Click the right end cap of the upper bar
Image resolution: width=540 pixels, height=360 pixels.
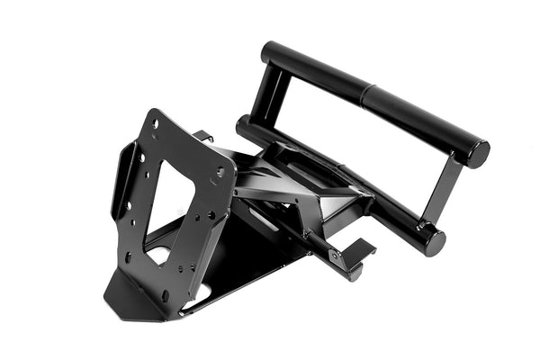[477, 154]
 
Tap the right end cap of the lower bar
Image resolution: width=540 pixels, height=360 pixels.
[434, 240]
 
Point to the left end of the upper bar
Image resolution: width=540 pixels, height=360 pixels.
[269, 55]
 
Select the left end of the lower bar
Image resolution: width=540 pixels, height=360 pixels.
[243, 126]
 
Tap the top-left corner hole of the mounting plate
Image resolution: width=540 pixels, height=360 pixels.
[155, 123]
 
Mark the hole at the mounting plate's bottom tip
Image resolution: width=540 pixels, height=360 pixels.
[165, 294]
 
